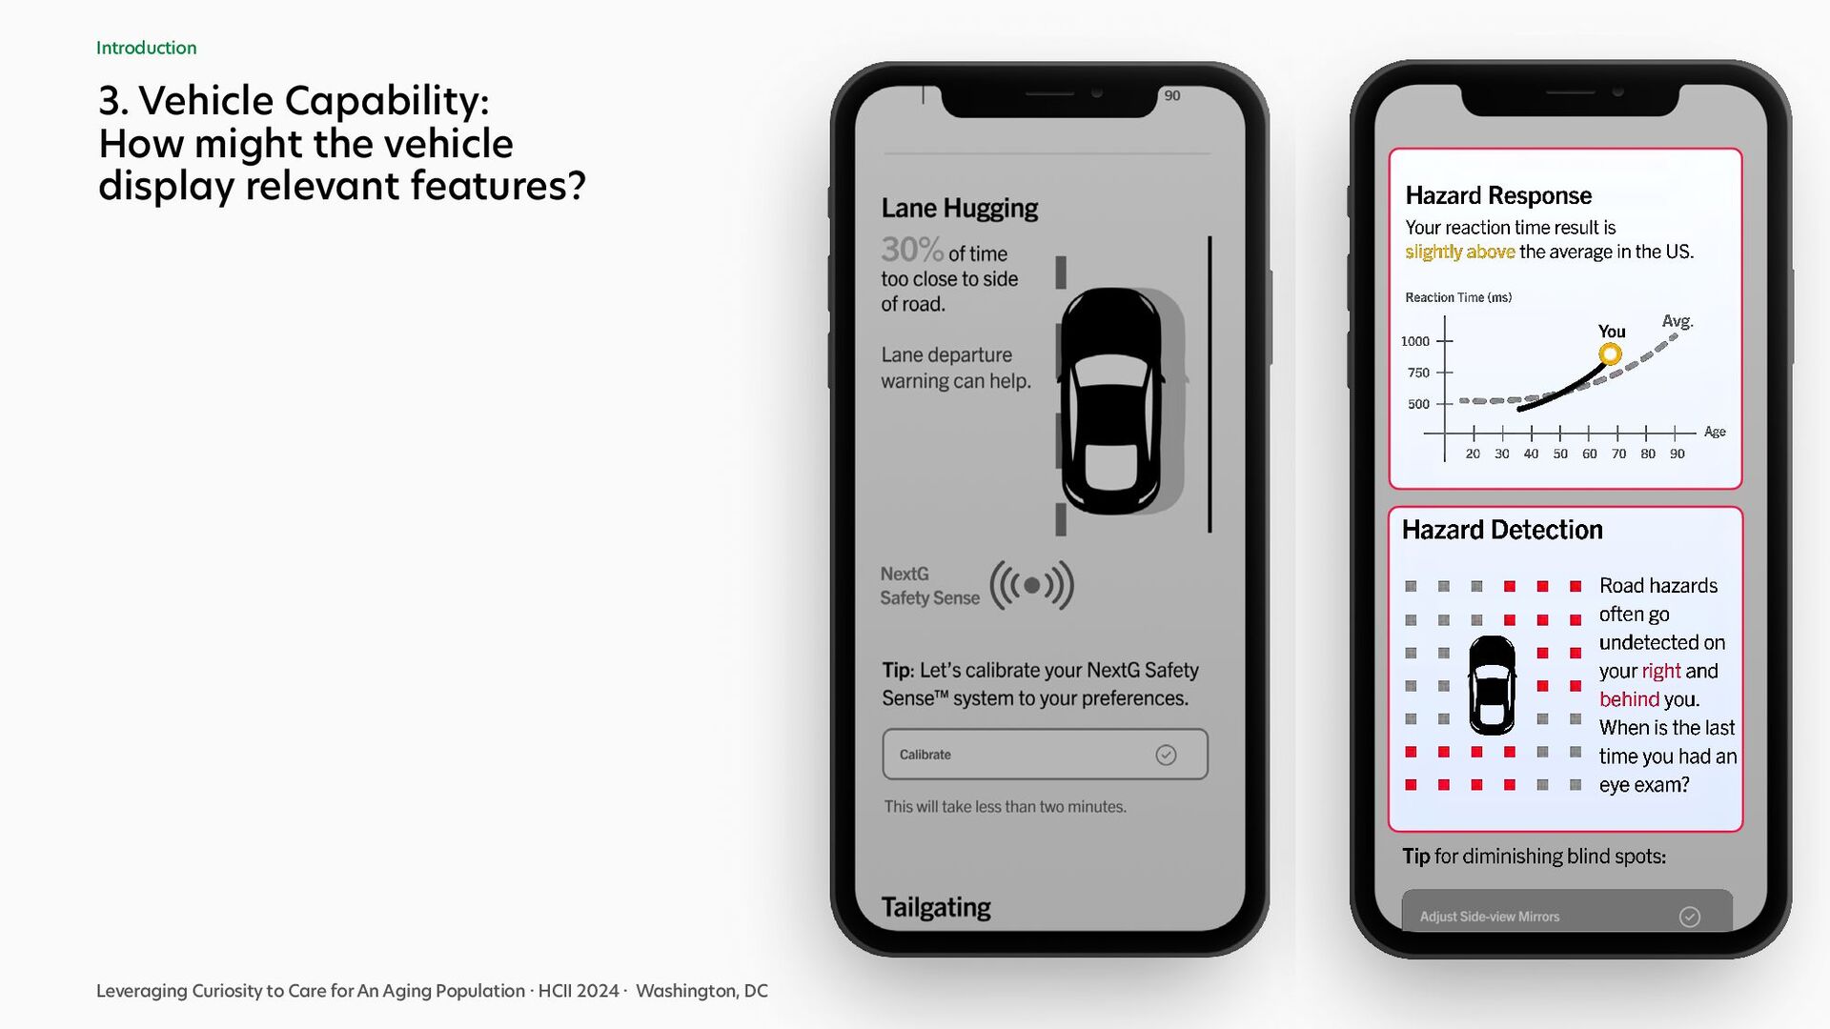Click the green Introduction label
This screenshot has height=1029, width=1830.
pos(146,48)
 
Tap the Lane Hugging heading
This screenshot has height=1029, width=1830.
pos(959,209)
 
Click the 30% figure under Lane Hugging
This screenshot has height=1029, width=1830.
pos(912,250)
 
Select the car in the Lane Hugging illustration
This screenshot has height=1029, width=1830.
pos(1111,400)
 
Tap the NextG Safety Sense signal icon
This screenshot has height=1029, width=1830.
pos(1032,585)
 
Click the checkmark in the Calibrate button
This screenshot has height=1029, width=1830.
pos(1166,755)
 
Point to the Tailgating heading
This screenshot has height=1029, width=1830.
pos(936,907)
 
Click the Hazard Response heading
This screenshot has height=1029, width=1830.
pos(1498,195)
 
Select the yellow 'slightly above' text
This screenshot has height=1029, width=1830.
pos(1460,252)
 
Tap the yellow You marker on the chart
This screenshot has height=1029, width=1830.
pos(1610,354)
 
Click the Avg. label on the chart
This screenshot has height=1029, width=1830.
pos(1677,321)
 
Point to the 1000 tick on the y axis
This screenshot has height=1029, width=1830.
pos(1415,341)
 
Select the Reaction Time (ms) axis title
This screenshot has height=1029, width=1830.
pos(1458,297)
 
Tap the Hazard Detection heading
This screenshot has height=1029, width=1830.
pos(1502,530)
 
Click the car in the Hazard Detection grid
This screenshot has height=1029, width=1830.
pos(1492,685)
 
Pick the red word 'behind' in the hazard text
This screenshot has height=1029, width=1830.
pos(1629,699)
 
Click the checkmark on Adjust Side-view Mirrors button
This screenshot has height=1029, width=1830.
pos(1690,917)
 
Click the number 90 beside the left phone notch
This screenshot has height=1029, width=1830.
pos(1172,95)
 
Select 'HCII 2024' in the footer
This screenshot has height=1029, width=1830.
pos(579,991)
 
